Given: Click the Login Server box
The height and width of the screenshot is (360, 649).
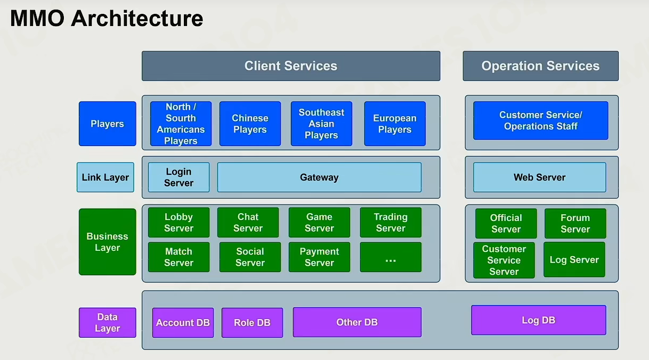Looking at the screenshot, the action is [x=179, y=177].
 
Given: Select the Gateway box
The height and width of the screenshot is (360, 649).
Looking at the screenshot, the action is [x=319, y=177].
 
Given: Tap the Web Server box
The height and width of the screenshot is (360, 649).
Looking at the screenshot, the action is [x=539, y=177].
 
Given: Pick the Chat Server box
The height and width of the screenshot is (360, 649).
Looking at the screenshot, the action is [x=248, y=223].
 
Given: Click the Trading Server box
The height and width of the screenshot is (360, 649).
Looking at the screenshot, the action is [x=391, y=223].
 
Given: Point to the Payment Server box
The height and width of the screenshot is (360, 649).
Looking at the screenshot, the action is [x=319, y=257].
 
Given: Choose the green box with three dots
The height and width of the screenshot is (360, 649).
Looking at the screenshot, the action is [x=391, y=257].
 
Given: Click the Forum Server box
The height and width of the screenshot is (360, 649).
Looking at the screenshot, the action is [x=575, y=223].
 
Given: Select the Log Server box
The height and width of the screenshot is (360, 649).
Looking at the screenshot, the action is [x=574, y=260].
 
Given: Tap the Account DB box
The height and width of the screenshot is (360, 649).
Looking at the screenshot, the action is [x=183, y=323].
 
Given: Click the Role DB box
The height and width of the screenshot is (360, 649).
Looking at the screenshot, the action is [x=252, y=323].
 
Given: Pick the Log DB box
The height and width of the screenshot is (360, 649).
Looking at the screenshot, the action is [x=539, y=320].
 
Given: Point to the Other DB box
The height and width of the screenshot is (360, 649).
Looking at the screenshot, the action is [x=357, y=322].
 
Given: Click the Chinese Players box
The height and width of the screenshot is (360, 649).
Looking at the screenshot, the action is [x=250, y=124].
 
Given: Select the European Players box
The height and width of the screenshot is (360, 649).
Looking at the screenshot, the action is [x=395, y=124].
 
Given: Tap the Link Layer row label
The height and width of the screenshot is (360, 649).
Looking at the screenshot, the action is [x=105, y=177].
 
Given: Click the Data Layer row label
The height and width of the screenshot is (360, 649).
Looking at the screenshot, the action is [x=107, y=323].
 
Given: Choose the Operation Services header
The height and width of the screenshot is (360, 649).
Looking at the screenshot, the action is [x=541, y=66].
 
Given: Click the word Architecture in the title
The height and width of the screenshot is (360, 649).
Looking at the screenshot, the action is [x=137, y=18].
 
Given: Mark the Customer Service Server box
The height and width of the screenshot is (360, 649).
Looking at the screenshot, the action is [x=504, y=260].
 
